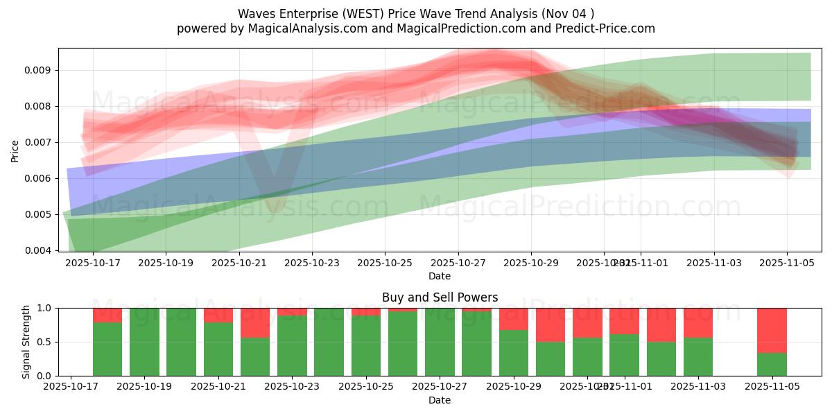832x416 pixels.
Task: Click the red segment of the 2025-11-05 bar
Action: pyautogui.click(x=772, y=330)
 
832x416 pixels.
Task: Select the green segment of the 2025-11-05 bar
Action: pyautogui.click(x=772, y=364)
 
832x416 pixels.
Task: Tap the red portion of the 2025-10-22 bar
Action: pyautogui.click(x=255, y=322)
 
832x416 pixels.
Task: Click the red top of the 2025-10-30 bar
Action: pyautogui.click(x=551, y=324)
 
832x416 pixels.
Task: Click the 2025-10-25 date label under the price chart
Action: pyautogui.click(x=385, y=263)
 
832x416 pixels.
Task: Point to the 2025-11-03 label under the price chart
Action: pyautogui.click(x=714, y=263)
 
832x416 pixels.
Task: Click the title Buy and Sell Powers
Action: pyautogui.click(x=440, y=297)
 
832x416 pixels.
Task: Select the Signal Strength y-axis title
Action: pyautogui.click(x=26, y=342)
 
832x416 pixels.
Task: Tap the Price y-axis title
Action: pyautogui.click(x=15, y=150)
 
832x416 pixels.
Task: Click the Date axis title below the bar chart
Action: pyautogui.click(x=440, y=400)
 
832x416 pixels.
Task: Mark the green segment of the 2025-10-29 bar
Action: pyautogui.click(x=514, y=353)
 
